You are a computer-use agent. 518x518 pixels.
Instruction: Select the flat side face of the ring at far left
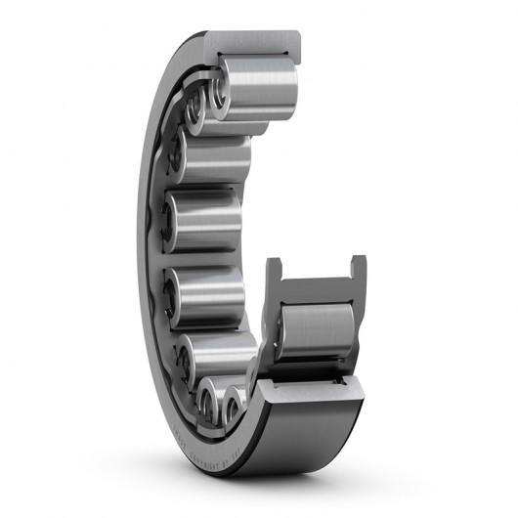pos(147,244)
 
